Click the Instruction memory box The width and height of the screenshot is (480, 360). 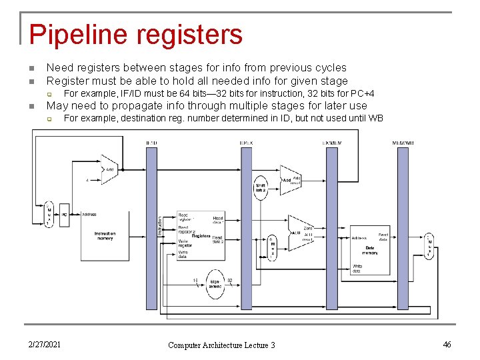coord(105,236)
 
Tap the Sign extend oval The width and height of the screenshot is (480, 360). coord(215,284)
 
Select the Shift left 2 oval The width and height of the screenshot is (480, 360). coord(261,188)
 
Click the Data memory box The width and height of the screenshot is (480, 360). coord(370,250)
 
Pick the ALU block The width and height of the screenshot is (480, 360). coord(301,233)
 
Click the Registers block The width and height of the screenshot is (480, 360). coord(201,237)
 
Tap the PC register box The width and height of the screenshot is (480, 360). coord(64,215)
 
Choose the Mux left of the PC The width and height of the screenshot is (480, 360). coord(48,215)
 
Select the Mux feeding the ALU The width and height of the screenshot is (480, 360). coord(272,247)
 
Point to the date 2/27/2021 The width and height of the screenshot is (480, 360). coord(45,344)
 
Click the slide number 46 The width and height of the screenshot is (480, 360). coord(447,344)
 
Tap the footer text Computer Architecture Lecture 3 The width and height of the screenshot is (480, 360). coord(221,345)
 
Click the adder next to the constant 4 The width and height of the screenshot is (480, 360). coord(108,169)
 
